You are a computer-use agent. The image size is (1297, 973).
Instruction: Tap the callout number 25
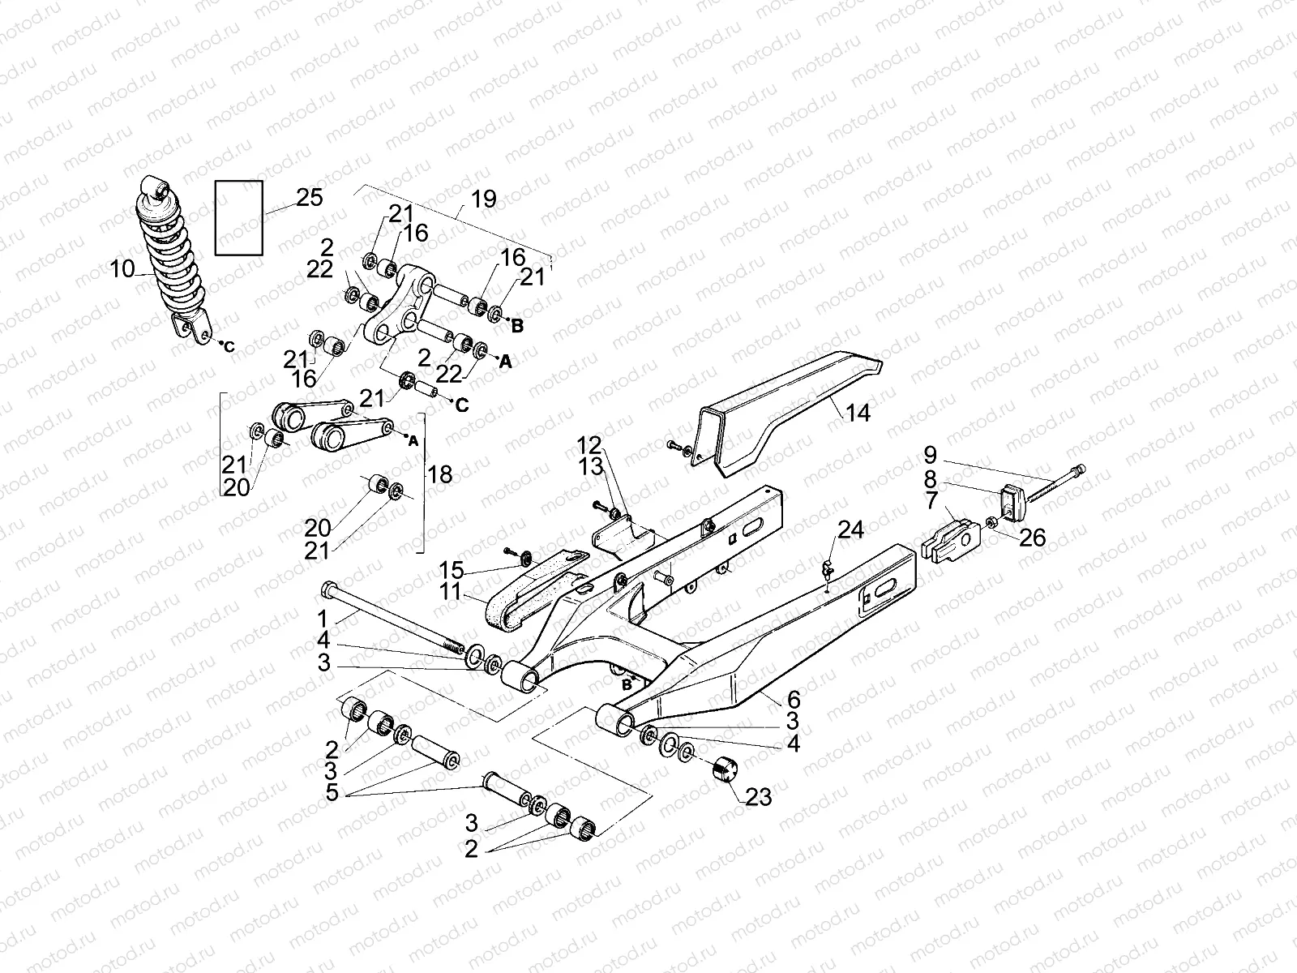click(x=309, y=197)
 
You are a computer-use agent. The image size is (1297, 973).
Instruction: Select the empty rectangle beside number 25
click(x=238, y=218)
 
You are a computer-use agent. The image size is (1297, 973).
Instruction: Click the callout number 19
click(x=483, y=199)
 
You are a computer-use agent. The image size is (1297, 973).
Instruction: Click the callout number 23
click(x=759, y=797)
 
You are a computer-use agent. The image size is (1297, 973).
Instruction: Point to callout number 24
click(x=850, y=530)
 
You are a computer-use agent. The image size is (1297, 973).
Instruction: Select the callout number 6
click(x=793, y=698)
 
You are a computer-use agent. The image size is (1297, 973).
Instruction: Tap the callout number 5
click(x=332, y=791)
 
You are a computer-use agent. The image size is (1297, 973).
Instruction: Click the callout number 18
click(x=440, y=474)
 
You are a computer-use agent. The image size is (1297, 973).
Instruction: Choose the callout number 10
click(x=122, y=268)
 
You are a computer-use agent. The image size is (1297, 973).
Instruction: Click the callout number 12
click(x=590, y=444)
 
